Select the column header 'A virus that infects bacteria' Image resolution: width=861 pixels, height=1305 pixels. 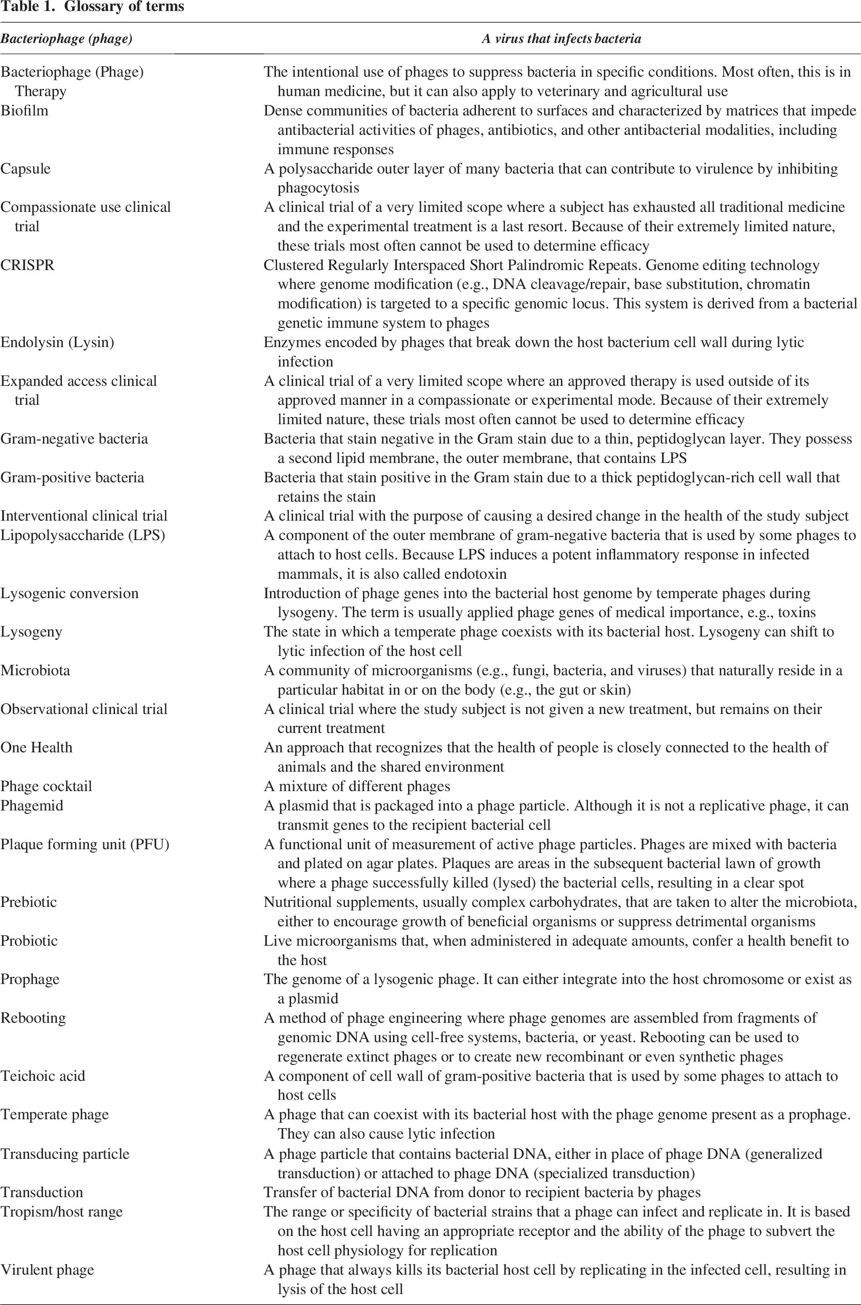pyautogui.click(x=561, y=39)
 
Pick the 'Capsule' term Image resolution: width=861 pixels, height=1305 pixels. pyautogui.click(x=25, y=168)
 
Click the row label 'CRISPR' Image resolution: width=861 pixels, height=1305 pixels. pyautogui.click(x=27, y=265)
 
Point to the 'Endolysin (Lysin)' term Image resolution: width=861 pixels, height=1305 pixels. pyautogui.click(x=57, y=342)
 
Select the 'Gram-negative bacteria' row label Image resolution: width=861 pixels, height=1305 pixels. pyautogui.click(x=74, y=439)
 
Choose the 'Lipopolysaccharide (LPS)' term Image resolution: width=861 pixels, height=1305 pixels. pyautogui.click(x=83, y=535)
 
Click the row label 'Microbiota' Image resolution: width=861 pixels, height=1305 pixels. pyautogui.click(x=35, y=670)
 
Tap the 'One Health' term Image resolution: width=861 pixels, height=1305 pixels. pyautogui.click(x=36, y=747)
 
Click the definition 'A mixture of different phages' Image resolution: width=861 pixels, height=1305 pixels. pyautogui.click(x=357, y=786)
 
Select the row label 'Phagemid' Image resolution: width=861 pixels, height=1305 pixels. pyautogui.click(x=32, y=805)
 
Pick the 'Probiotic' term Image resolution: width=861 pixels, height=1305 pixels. pyautogui.click(x=29, y=941)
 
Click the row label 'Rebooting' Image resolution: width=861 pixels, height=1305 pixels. pyautogui.click(x=33, y=1018)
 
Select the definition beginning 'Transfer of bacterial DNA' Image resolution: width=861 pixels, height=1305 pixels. pyautogui.click(x=482, y=1192)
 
